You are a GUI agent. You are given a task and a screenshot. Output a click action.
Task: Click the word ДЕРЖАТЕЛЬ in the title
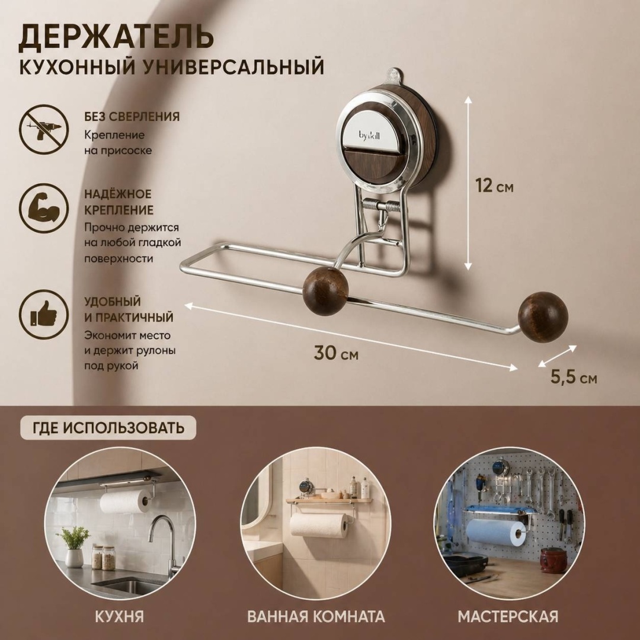[116, 37]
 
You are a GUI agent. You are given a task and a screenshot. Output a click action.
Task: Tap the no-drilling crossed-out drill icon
[44, 129]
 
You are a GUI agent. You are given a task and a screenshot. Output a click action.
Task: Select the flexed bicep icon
[44, 209]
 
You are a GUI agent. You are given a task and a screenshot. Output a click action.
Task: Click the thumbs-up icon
[44, 314]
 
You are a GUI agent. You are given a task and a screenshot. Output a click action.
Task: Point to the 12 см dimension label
[494, 186]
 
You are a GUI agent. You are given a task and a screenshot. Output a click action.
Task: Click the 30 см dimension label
[336, 353]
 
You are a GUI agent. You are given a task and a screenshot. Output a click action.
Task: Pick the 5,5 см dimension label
[574, 377]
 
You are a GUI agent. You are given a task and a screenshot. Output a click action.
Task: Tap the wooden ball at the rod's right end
[543, 316]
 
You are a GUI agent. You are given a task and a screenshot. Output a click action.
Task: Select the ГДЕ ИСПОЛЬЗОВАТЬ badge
[108, 428]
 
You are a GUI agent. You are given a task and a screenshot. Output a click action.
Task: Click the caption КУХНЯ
[120, 616]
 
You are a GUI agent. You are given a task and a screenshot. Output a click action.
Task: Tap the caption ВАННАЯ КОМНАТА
[316, 616]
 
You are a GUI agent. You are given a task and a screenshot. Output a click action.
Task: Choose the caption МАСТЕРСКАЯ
[508, 616]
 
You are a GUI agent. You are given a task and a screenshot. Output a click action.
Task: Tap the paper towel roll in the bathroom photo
[319, 525]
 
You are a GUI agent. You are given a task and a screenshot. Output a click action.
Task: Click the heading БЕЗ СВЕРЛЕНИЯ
[132, 117]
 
